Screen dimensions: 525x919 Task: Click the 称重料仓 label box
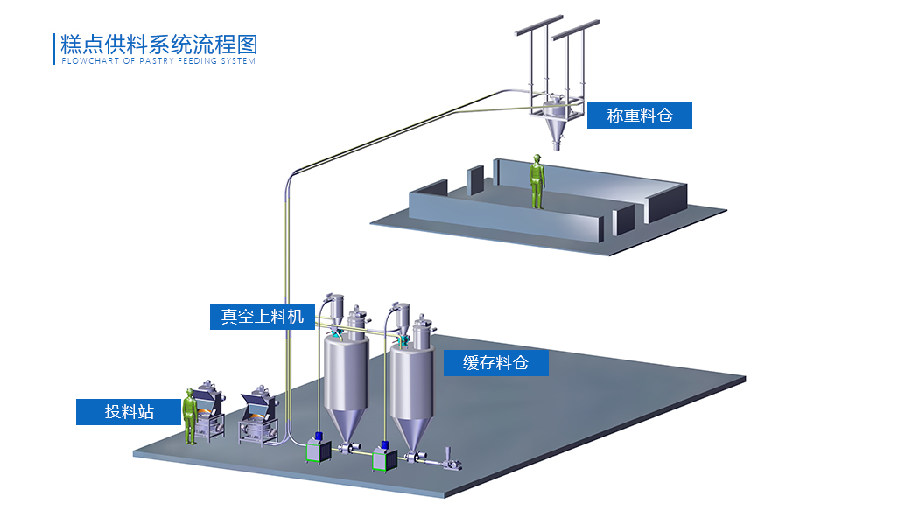[x=639, y=115]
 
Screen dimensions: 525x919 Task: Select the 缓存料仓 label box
[x=495, y=363]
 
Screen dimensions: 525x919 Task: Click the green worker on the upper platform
[x=537, y=182]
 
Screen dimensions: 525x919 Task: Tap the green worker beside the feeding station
[x=189, y=417]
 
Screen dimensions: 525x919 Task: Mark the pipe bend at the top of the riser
[x=291, y=175]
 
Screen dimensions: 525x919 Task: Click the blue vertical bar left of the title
[x=55, y=49]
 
